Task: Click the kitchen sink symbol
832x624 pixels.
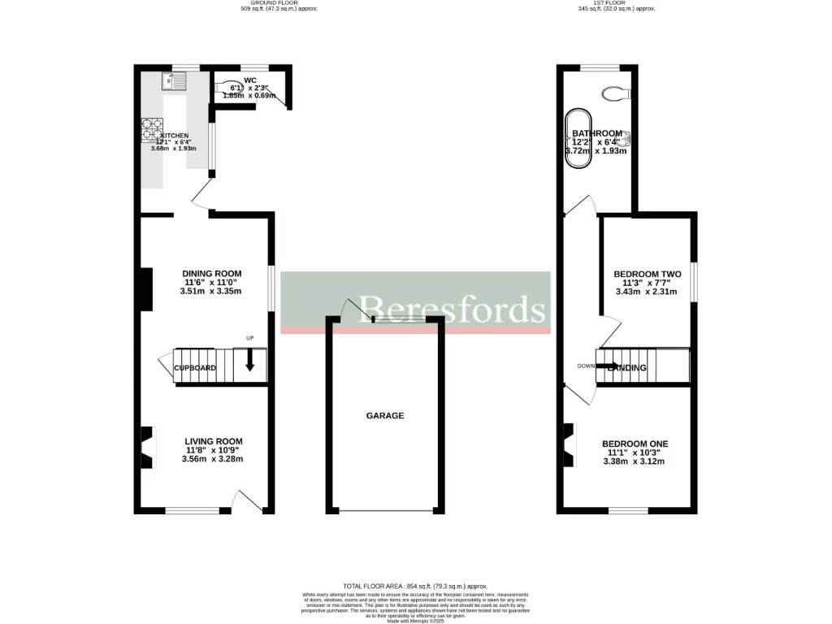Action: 174,80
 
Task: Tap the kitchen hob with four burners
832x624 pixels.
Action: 153,128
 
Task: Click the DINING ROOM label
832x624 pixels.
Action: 212,273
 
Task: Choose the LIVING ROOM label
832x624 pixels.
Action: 213,441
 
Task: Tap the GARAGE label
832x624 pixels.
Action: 385,415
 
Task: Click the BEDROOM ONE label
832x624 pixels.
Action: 635,444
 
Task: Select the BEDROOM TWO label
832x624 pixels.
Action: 647,275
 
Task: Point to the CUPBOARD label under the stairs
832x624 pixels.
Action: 195,368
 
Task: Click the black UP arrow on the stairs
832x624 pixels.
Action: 249,360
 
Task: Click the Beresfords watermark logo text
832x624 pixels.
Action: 452,309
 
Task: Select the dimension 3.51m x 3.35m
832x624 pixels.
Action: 212,291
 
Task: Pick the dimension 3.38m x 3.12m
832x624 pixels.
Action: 634,461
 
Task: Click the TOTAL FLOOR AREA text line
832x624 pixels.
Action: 415,586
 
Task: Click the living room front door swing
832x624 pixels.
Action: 245,500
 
